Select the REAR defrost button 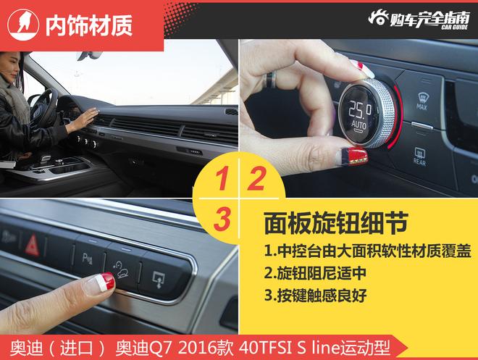(x=420, y=156)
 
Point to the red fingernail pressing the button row (x=107, y=280)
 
